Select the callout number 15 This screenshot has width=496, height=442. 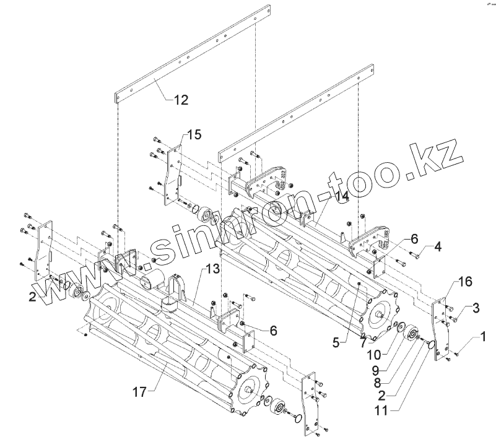194,135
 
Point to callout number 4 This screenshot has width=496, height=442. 437,248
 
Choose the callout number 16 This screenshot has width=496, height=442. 465,282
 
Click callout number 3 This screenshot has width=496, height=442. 476,307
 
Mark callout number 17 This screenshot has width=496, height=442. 140,391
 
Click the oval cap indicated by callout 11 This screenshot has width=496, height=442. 430,348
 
